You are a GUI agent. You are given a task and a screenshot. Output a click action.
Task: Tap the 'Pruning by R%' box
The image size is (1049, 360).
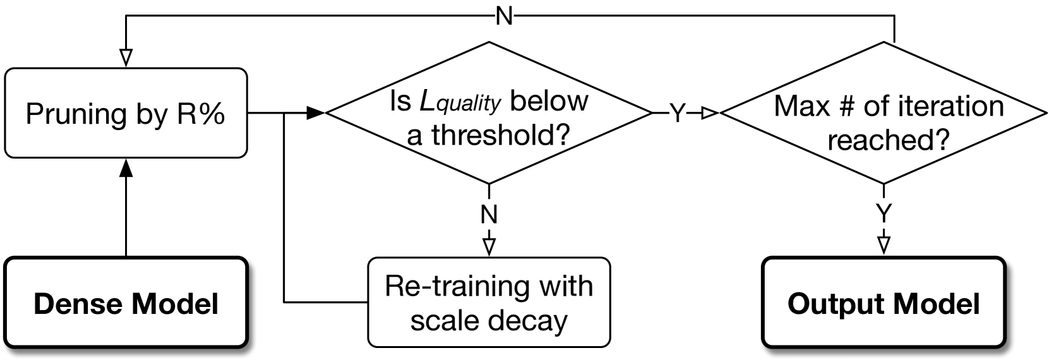126,114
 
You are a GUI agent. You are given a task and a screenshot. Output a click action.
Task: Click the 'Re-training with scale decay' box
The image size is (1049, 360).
489,303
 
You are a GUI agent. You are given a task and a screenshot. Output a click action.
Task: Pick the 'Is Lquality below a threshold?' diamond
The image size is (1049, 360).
489,114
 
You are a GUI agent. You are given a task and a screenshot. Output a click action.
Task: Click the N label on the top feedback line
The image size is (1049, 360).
505,16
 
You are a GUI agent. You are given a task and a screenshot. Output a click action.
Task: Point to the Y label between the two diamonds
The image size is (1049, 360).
677,114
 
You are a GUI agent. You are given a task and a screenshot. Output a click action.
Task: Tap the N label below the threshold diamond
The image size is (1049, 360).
489,215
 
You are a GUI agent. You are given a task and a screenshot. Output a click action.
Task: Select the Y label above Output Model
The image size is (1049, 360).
884,214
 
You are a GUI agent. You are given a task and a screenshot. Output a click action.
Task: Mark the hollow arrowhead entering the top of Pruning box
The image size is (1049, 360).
126,57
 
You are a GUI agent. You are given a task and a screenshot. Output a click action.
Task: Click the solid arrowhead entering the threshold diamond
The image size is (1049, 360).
315,114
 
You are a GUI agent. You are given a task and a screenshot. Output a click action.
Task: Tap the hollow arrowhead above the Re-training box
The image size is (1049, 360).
489,246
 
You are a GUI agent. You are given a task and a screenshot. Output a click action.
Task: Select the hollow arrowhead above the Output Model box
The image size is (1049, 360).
884,245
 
